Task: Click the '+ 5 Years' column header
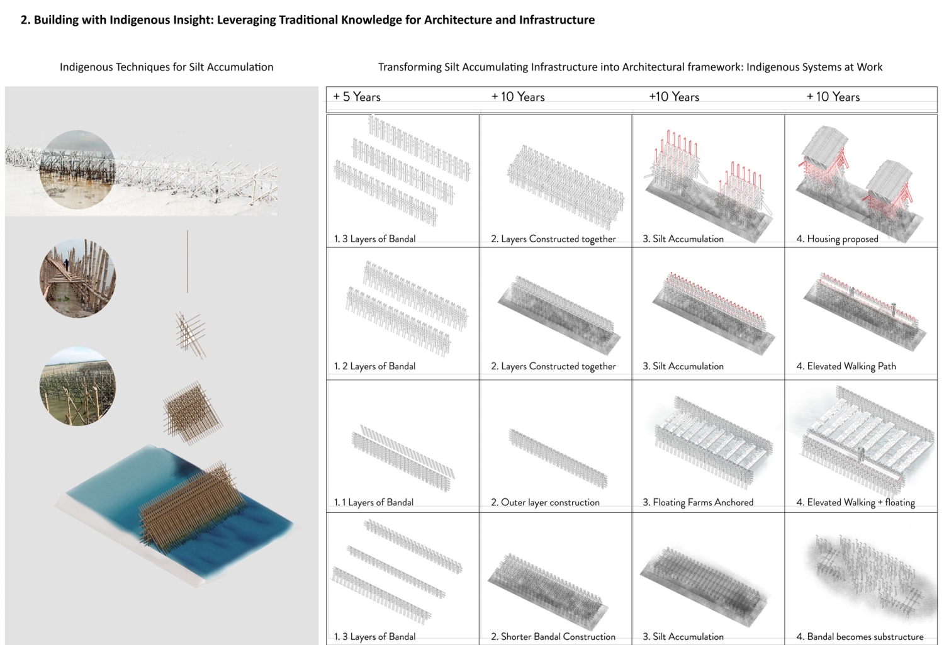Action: [x=357, y=97]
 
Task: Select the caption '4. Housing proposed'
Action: [x=837, y=239]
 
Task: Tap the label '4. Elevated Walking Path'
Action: [x=846, y=366]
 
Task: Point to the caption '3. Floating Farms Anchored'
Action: [x=698, y=502]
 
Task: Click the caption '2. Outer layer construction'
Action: [x=545, y=502]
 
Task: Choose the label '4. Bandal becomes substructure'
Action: [x=860, y=637]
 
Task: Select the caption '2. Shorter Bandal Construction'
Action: [x=553, y=637]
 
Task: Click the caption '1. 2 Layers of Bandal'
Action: [x=374, y=366]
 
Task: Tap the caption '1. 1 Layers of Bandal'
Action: [x=374, y=502]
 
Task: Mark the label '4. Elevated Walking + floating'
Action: [x=855, y=502]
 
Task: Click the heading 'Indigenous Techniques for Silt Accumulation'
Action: [x=166, y=67]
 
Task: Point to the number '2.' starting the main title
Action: [x=25, y=20]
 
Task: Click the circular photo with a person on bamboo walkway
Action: [x=77, y=278]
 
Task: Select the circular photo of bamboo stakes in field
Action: [x=77, y=386]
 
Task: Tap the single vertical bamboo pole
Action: [x=188, y=262]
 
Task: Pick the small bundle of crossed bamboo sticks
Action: [x=191, y=334]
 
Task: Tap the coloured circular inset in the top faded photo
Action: [x=77, y=169]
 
